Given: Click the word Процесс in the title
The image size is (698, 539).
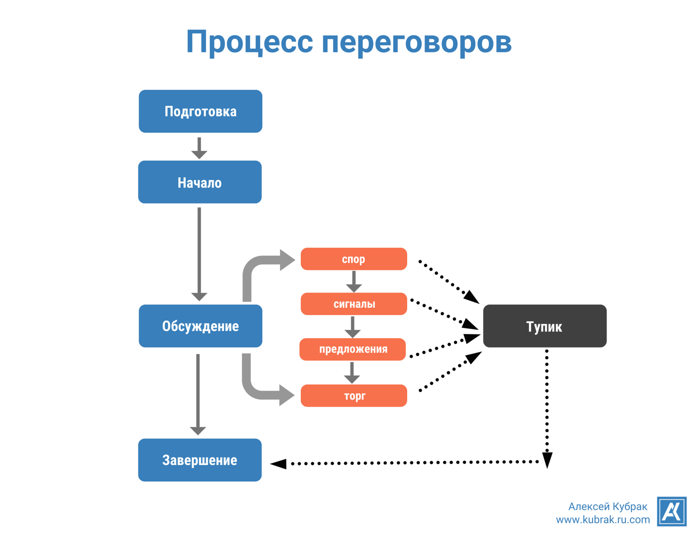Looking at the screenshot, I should tap(249, 42).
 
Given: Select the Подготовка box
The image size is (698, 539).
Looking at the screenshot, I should tap(200, 111).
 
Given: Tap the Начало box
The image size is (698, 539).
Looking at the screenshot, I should tap(200, 182).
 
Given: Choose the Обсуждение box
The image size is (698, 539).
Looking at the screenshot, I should tap(200, 326).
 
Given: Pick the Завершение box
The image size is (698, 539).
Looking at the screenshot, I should tap(200, 460).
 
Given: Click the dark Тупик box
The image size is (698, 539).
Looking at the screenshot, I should tap(544, 326).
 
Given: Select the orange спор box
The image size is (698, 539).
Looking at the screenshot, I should tap(354, 259).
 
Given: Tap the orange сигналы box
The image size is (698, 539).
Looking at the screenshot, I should tap(354, 304).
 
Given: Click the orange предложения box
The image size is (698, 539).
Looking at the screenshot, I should tap(353, 349).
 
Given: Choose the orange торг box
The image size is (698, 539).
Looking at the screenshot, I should tap(354, 395).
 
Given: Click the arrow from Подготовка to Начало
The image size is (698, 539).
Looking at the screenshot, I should tap(199, 148).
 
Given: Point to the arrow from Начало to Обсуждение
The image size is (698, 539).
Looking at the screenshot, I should tap(199, 253).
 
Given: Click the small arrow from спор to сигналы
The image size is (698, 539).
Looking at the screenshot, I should tap(354, 282).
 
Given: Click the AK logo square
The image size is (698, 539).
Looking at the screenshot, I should tap(671, 511).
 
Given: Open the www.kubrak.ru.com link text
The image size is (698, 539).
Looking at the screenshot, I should tap(602, 519).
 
